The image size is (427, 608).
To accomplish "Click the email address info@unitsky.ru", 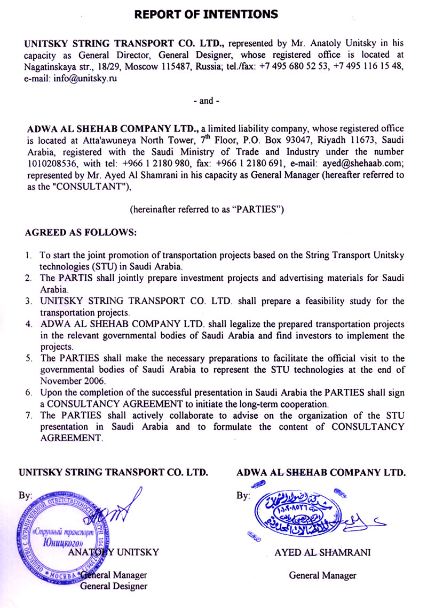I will [x=71, y=78].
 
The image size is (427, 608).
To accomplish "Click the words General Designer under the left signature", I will [x=113, y=586].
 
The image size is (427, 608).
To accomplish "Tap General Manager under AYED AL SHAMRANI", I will [x=322, y=575].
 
